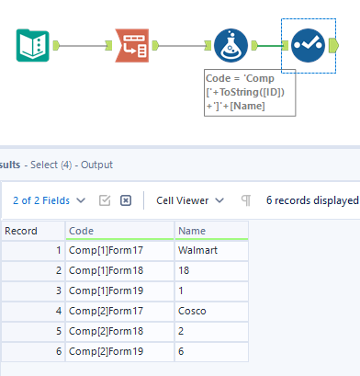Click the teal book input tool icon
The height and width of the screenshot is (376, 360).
33,45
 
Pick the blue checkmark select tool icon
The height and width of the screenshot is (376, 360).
308,45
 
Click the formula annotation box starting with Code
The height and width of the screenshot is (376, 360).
251,93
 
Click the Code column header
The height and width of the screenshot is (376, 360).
119,231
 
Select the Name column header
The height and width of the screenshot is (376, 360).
210,231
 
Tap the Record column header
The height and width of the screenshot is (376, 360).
32,231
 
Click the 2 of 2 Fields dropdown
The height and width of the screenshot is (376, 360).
51,199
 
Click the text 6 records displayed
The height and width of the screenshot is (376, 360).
312,199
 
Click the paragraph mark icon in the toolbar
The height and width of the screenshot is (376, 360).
245,199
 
